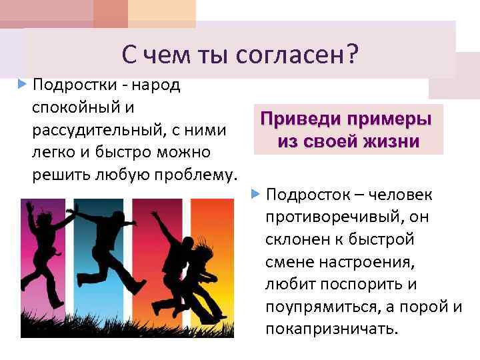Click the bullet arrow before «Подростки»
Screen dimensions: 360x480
point(23,85)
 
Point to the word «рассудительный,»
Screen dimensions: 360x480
point(93,129)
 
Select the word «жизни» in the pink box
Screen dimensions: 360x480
point(389,142)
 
